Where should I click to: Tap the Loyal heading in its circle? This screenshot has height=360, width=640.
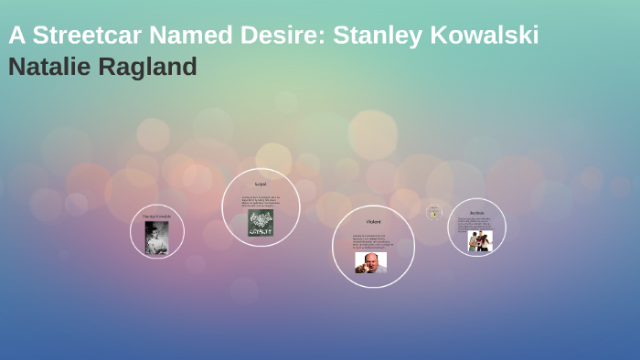(261, 185)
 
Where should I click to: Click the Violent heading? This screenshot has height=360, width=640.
(373, 222)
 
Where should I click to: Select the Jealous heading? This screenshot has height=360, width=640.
(477, 212)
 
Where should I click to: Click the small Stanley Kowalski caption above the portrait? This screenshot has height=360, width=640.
(156, 217)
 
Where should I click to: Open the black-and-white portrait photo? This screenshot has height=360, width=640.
(156, 237)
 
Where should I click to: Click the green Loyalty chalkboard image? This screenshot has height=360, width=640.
(261, 223)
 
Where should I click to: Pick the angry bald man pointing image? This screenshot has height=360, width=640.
(370, 262)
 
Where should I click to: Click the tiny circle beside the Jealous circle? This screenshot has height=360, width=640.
(434, 213)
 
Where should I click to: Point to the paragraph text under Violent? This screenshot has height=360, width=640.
(373, 241)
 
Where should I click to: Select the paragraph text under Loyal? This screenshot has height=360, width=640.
(261, 202)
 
